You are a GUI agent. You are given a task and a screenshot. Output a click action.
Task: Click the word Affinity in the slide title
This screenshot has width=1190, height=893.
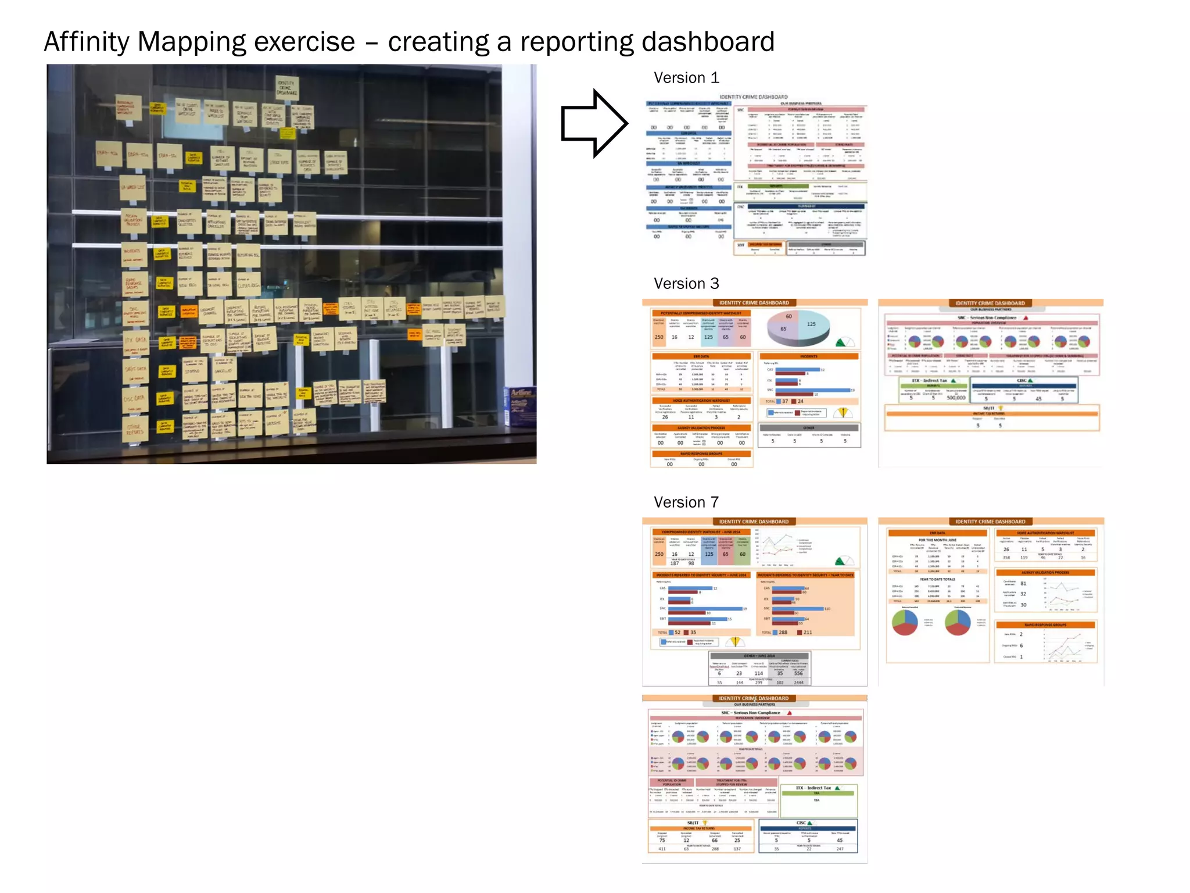(87, 42)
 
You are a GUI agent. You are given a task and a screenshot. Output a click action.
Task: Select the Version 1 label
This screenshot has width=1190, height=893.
(686, 78)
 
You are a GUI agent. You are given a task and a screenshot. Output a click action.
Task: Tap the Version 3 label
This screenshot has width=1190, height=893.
(686, 284)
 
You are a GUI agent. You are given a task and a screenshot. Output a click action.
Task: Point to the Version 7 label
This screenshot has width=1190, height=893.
(686, 502)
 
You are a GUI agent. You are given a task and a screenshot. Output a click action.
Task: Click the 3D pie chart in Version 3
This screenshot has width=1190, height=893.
(798, 328)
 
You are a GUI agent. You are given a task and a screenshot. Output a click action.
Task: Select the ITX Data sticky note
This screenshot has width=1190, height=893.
(137, 341)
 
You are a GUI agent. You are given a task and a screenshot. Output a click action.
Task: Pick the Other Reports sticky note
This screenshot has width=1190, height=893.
(134, 430)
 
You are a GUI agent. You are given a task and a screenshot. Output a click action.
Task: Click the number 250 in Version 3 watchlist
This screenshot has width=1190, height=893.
(659, 337)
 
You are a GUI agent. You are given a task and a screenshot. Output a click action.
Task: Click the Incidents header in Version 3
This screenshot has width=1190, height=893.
(808, 356)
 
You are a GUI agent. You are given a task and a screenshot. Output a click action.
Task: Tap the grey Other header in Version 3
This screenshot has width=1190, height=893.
(809, 427)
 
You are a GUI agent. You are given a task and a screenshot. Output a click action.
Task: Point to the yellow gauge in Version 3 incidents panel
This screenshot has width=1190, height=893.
(843, 413)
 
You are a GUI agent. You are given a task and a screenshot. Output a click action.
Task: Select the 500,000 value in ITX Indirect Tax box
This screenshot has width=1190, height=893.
(956, 398)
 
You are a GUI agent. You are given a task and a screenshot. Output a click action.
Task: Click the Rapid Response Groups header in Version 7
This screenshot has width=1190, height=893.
(1045, 625)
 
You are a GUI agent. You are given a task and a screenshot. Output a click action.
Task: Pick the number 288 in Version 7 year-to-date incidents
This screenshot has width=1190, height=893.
(783, 633)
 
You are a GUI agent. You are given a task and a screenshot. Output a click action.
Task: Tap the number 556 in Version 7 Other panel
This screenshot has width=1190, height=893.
(798, 674)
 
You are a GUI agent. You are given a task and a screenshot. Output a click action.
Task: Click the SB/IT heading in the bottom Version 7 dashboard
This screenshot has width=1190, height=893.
(694, 823)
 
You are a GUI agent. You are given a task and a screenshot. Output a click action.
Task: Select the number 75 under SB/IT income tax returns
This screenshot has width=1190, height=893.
(662, 840)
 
